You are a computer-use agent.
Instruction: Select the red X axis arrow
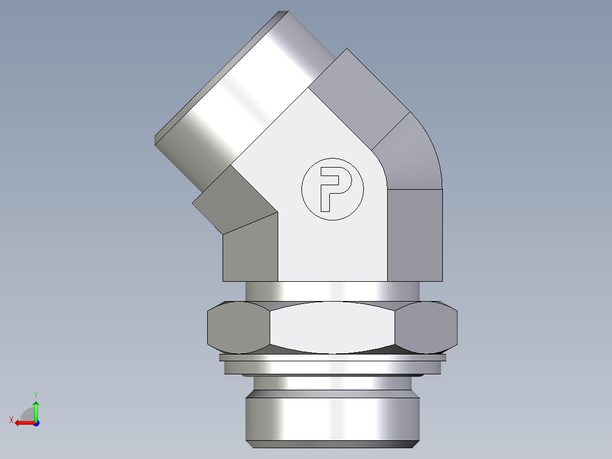click(x=23, y=422)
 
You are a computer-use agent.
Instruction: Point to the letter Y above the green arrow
click(x=35, y=394)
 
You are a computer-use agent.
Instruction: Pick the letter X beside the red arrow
click(x=11, y=420)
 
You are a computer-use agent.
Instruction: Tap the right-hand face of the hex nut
click(x=426, y=327)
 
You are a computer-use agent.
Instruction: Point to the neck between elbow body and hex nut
click(x=332, y=291)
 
